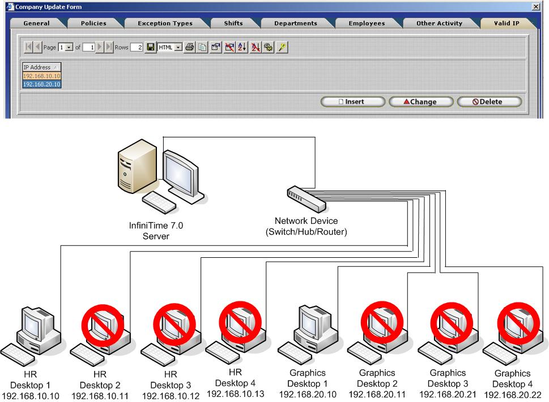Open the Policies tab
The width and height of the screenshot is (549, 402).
point(93,23)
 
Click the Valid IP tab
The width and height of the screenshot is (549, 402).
point(507,23)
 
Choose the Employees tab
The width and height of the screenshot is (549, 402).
point(367,23)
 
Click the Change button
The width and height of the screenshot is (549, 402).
point(420,102)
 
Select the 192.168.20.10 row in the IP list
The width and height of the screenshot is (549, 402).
point(42,84)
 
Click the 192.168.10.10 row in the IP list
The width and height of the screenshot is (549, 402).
point(42,76)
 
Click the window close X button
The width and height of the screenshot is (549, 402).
point(536,7)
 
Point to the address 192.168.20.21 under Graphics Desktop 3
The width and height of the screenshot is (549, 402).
point(447,395)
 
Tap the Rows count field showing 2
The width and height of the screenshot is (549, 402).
point(137,47)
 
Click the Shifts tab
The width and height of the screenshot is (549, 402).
point(233,23)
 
